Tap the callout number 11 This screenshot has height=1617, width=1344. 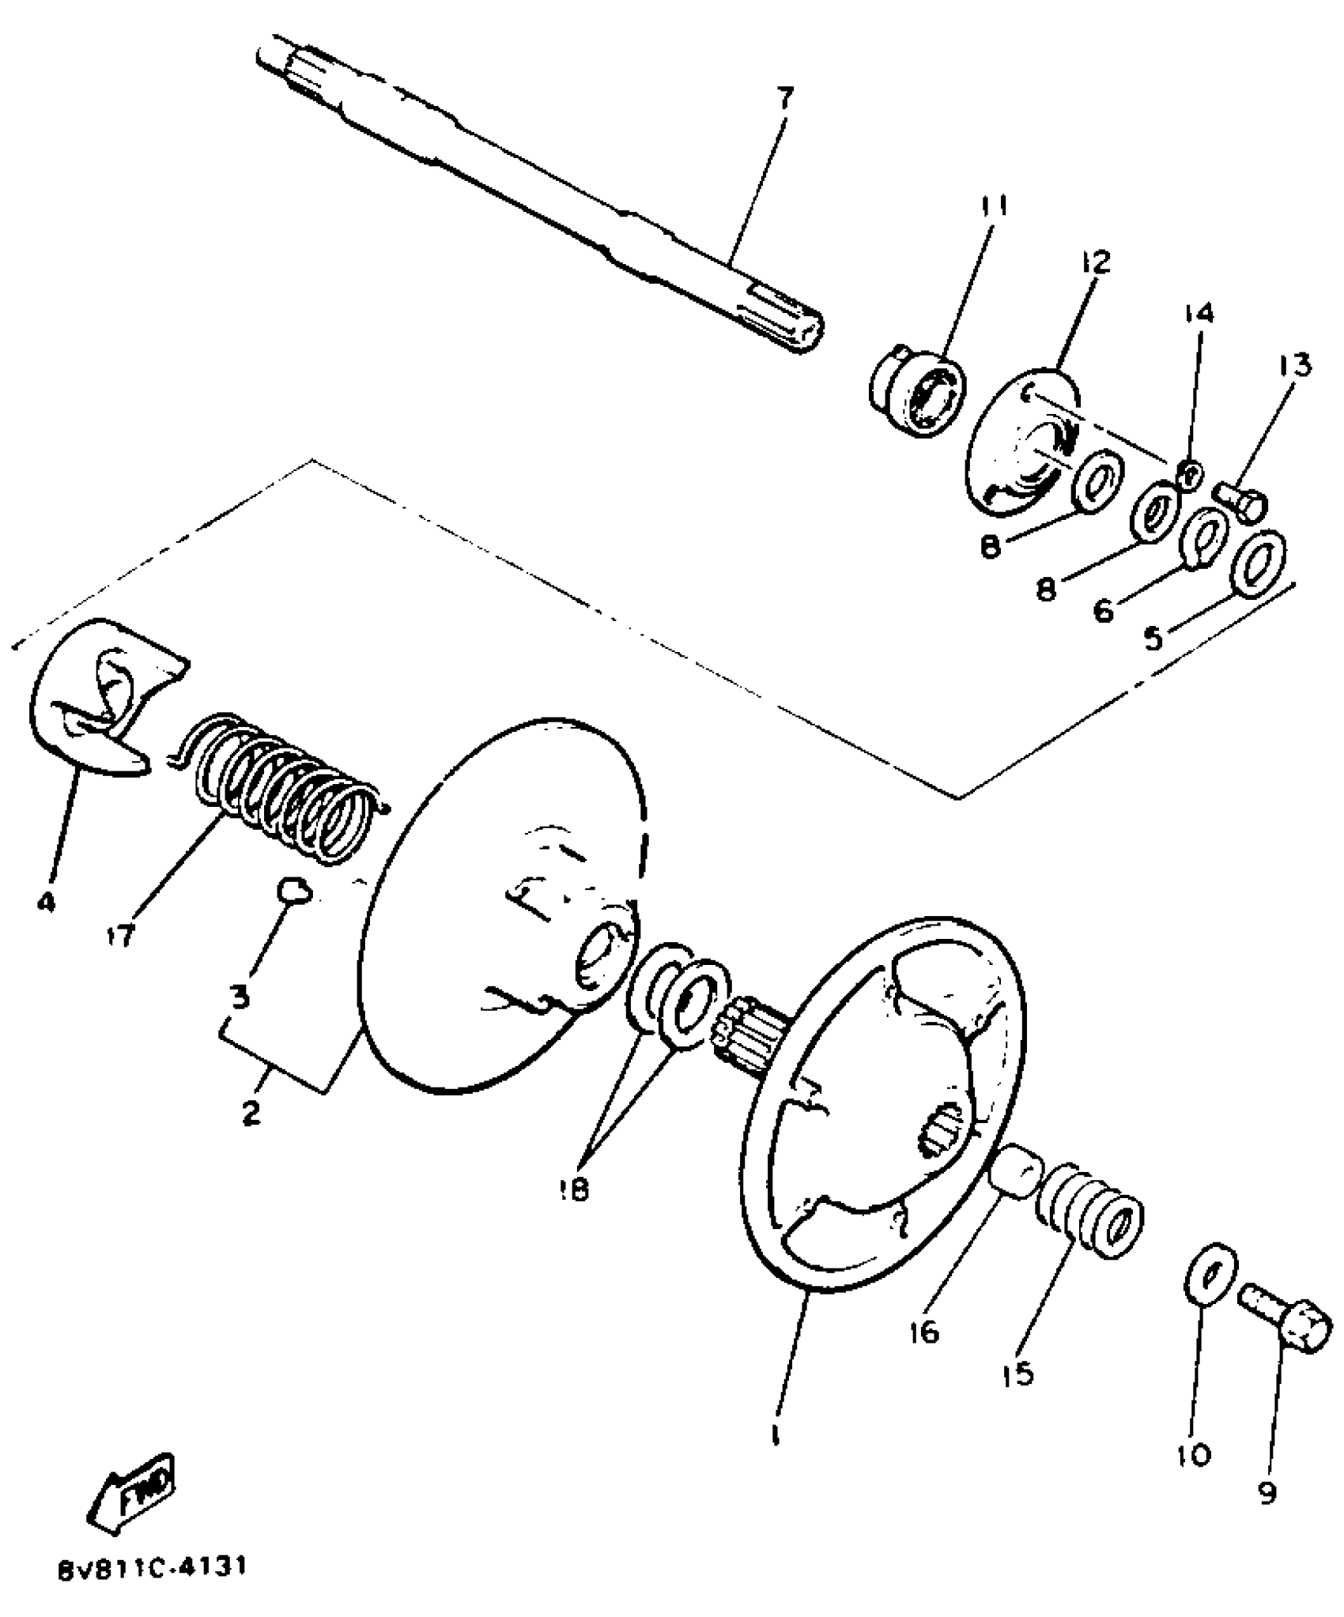tap(995, 207)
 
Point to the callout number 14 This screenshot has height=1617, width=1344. tap(1198, 314)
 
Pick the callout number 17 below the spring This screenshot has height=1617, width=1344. tap(122, 936)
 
